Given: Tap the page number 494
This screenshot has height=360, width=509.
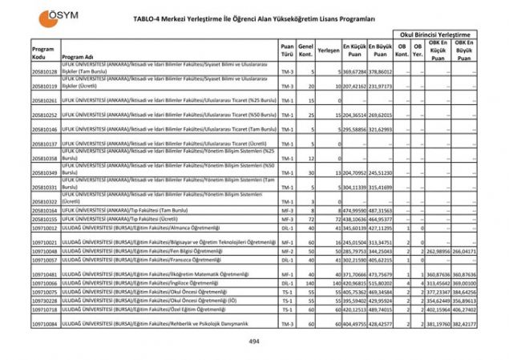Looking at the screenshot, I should [x=253, y=341].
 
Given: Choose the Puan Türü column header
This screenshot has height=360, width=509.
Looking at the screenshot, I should [x=287, y=50].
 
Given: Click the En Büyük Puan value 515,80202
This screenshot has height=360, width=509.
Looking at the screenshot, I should [x=381, y=283].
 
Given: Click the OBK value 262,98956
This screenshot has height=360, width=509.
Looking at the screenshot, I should [x=438, y=251].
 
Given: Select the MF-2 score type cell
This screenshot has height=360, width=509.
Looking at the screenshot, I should [x=287, y=251].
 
